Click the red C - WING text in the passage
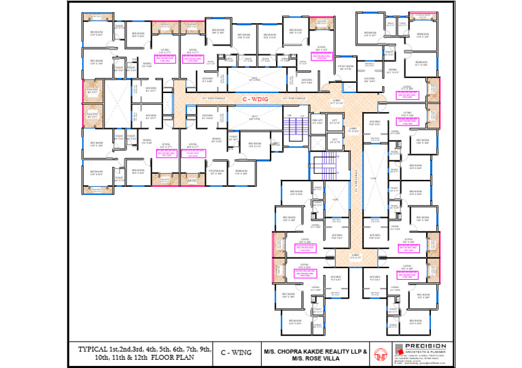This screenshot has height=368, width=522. click(253, 99)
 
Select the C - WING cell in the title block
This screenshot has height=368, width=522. click(236, 352)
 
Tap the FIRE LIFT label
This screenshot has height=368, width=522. click(316, 122)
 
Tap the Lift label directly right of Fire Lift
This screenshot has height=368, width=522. click(334, 122)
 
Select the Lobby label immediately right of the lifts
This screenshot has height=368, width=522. click(353, 129)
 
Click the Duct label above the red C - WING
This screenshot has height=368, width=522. click(253, 79)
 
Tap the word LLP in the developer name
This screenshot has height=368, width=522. click(353, 351)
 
